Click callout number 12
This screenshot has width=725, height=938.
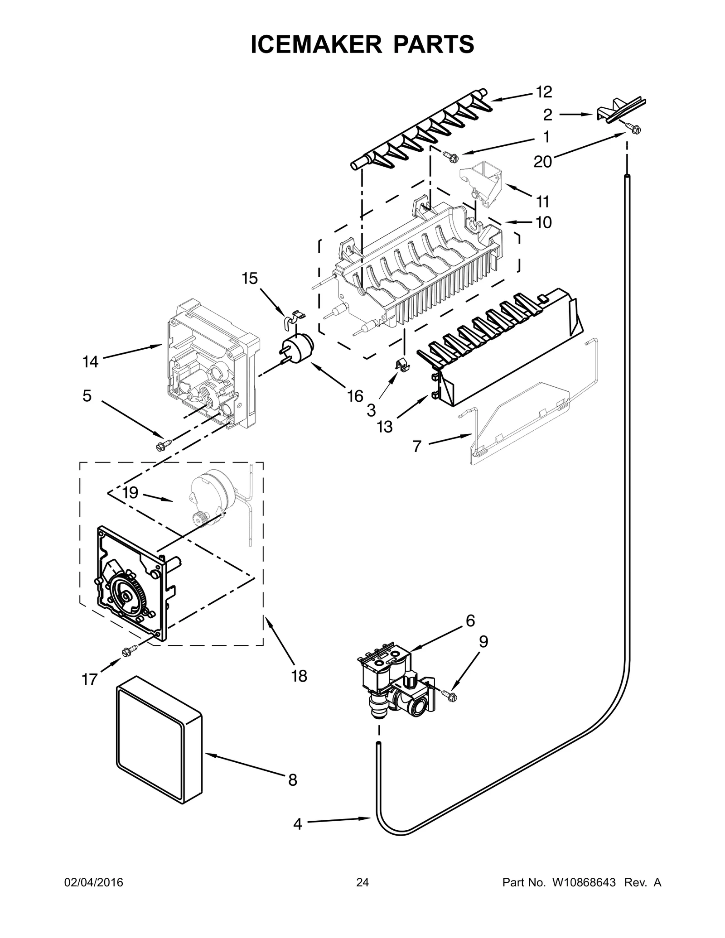[544, 92]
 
